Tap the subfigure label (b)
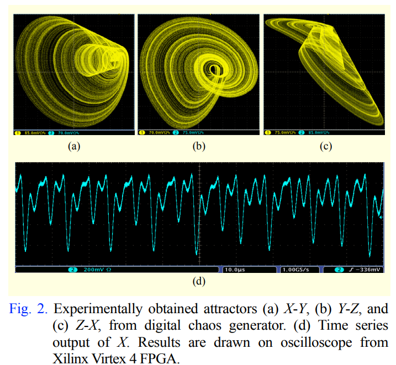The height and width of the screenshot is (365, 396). pos(198,147)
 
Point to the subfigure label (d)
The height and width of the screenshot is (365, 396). pos(198,281)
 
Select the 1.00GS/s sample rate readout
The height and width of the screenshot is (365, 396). pos(296,270)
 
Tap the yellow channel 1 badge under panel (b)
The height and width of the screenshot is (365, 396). pos(142,133)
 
